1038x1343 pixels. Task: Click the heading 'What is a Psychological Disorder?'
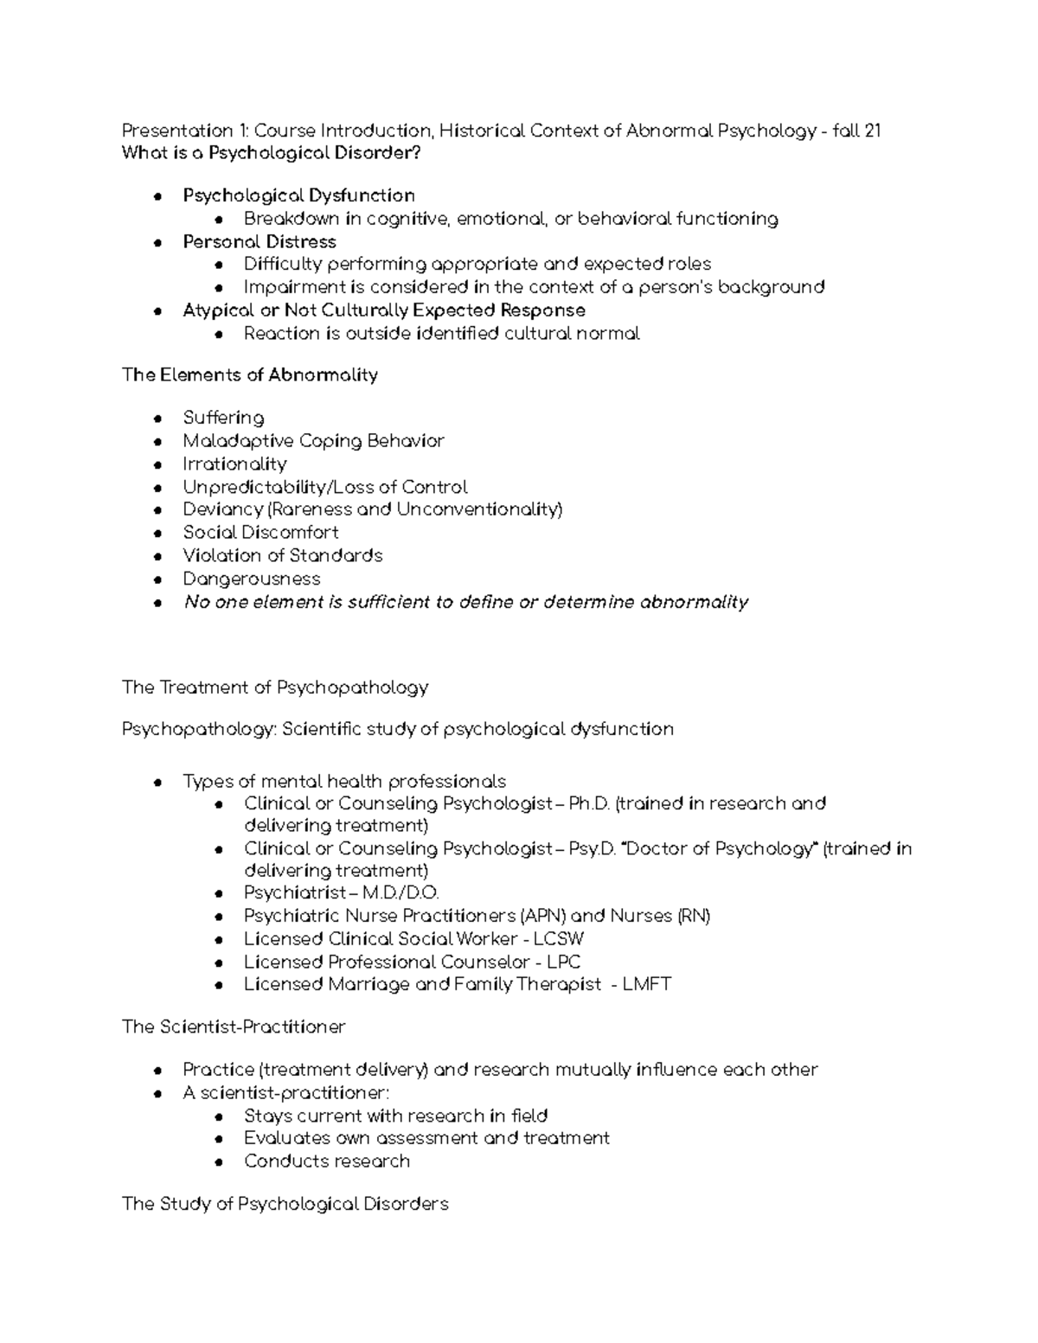[x=274, y=154]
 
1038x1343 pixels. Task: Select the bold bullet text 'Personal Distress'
[x=259, y=242]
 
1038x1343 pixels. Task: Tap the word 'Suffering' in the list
[x=223, y=418]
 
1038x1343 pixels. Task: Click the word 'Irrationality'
[x=234, y=464]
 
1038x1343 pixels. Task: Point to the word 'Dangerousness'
[x=251, y=579]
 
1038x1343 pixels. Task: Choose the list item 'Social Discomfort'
[x=260, y=533]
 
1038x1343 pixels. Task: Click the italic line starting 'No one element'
[x=465, y=602]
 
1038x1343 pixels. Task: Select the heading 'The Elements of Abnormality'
[x=250, y=375]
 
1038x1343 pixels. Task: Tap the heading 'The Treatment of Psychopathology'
[x=275, y=687]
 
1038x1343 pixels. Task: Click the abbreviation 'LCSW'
[x=559, y=938]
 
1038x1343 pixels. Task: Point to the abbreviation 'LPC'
[x=563, y=962]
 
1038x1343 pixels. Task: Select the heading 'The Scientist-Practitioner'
[x=234, y=1026]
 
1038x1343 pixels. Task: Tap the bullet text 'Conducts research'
[x=327, y=1161]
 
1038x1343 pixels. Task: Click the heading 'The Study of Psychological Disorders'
[x=285, y=1204]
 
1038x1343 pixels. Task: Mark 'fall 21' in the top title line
[x=855, y=131]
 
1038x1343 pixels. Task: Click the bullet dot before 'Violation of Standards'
[x=157, y=557]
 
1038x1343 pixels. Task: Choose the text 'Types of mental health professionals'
[x=344, y=782]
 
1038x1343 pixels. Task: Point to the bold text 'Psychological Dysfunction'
[x=298, y=196]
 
